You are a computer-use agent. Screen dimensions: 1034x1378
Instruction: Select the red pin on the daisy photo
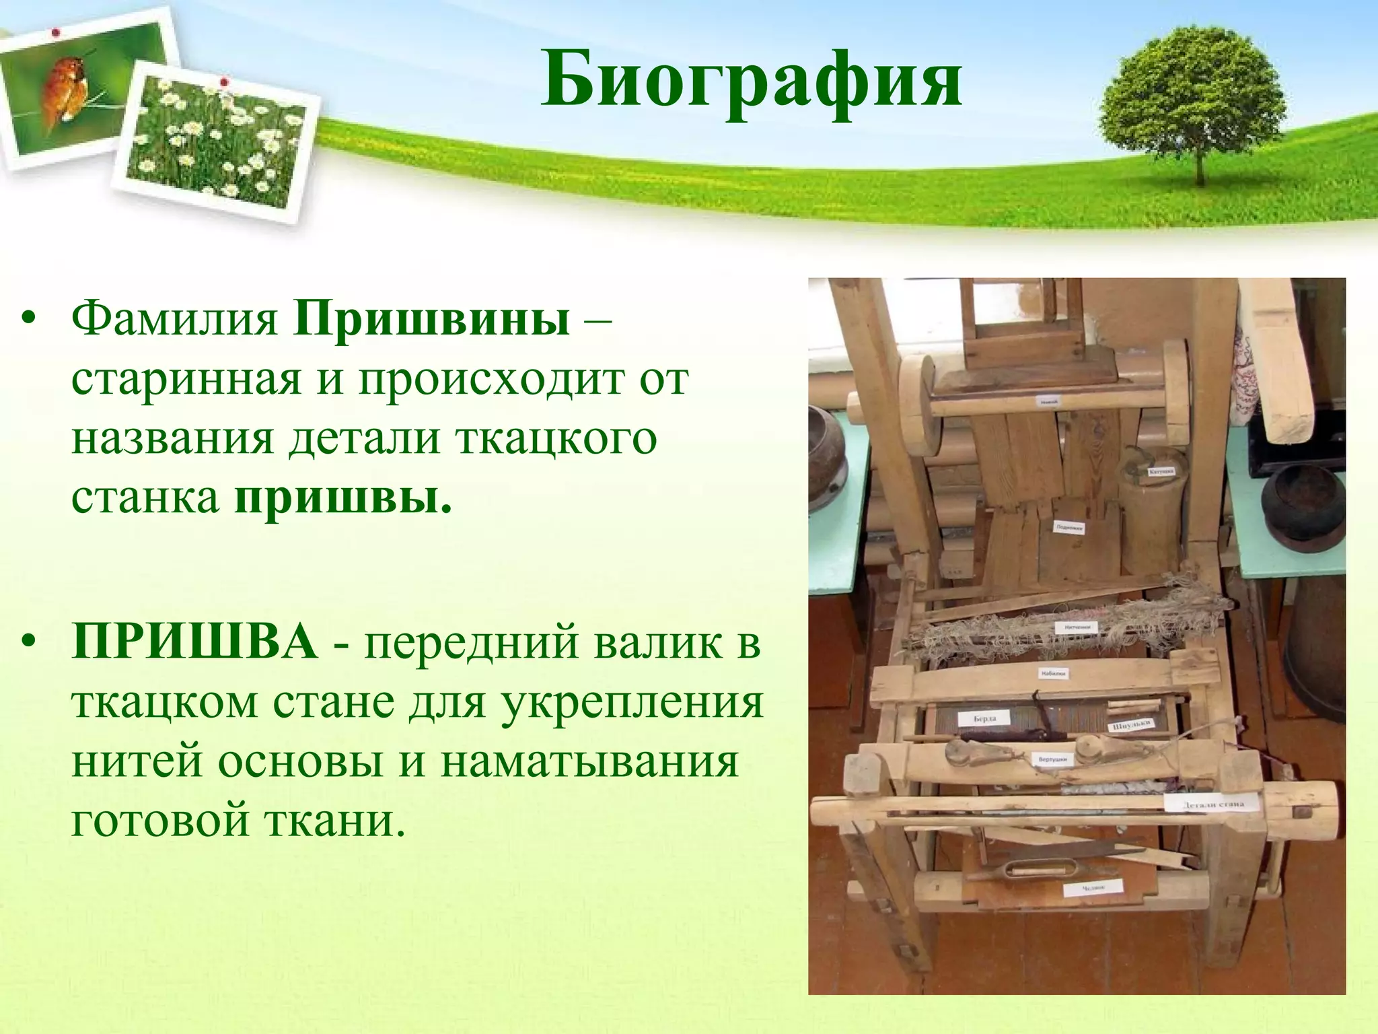tap(224, 82)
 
